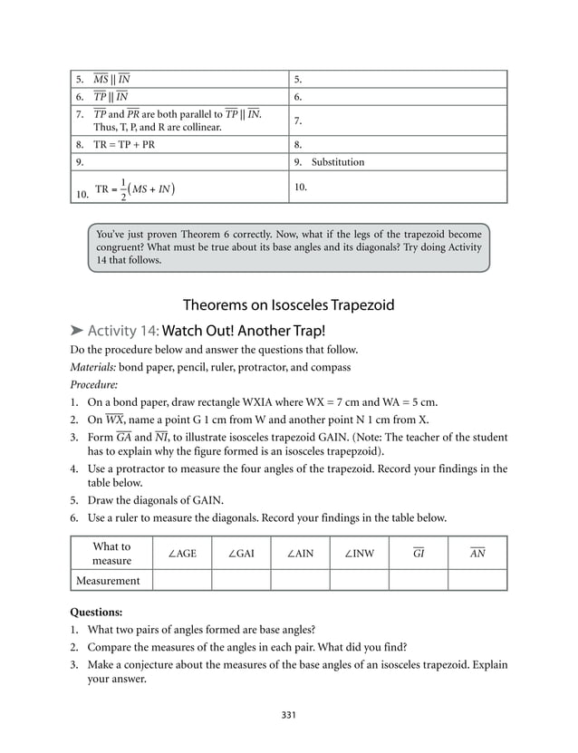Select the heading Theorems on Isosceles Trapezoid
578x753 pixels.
pyautogui.click(x=288, y=304)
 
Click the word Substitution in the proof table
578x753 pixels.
pyautogui.click(x=338, y=162)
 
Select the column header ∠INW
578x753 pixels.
pyautogui.click(x=359, y=554)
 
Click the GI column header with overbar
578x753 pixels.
pyautogui.click(x=418, y=554)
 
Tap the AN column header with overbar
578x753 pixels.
pyautogui.click(x=477, y=554)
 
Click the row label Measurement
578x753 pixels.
pyautogui.click(x=111, y=581)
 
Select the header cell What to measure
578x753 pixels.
pyautogui.click(x=111, y=554)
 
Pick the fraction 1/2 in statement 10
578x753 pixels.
pyautogui.click(x=123, y=188)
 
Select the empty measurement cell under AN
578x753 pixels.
pyautogui.click(x=477, y=581)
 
